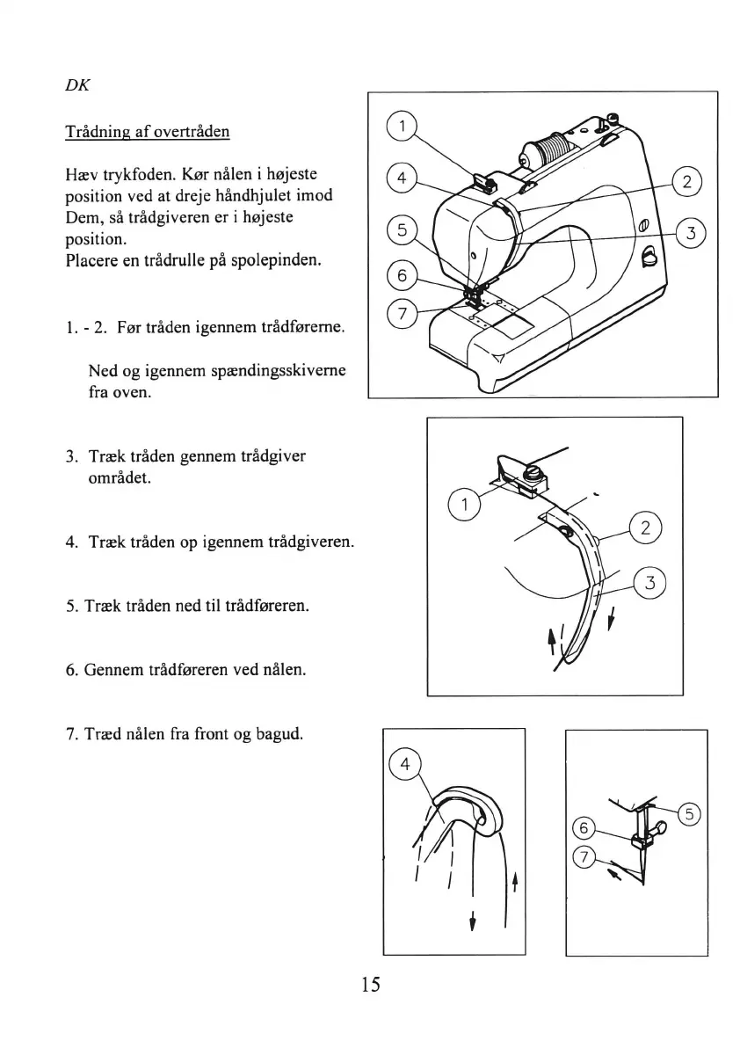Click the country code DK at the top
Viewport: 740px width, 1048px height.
tap(77, 86)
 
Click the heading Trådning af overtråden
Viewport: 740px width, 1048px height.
tap(148, 132)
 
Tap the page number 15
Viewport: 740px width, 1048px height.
tap(370, 984)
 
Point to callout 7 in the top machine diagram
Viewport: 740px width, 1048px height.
tap(401, 314)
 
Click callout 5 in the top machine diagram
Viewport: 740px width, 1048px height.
tap(401, 231)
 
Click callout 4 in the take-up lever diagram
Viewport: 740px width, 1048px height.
tap(405, 764)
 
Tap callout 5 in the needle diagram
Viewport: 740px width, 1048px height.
tap(691, 814)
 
